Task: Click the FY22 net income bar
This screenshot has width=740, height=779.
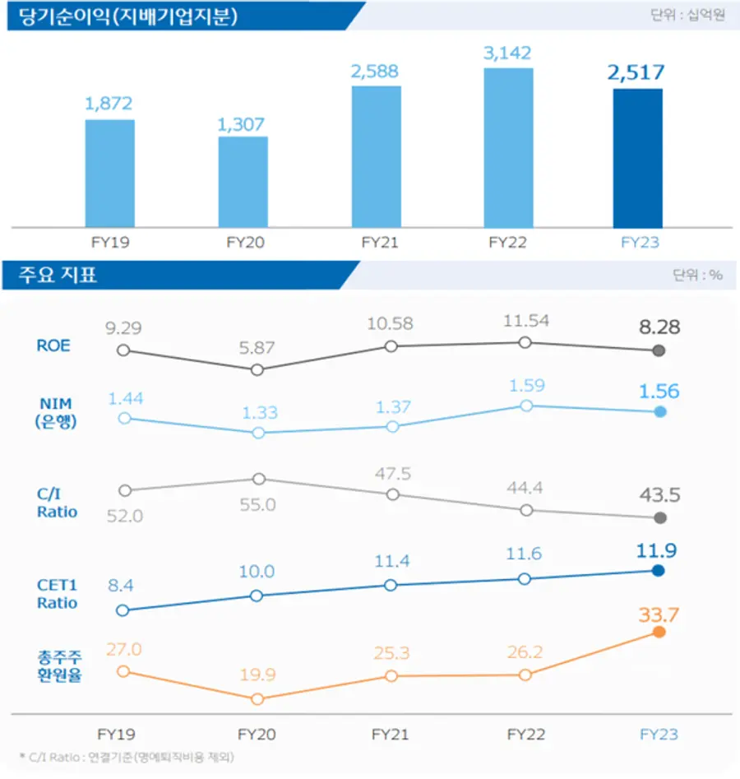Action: click(508, 148)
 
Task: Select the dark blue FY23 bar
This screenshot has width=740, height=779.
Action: click(637, 158)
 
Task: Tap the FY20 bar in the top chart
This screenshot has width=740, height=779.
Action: click(243, 182)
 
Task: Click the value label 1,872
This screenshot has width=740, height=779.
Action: click(109, 104)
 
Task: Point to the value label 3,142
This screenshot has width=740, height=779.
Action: click(508, 53)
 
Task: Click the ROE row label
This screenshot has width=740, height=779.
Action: click(53, 345)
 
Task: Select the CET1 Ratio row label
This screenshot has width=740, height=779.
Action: click(57, 594)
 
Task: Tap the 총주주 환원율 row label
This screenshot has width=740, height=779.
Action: click(59, 668)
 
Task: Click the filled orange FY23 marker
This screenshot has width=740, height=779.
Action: click(659, 632)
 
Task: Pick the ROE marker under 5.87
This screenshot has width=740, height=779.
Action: click(257, 370)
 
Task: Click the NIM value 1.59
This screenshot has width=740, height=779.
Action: click(526, 385)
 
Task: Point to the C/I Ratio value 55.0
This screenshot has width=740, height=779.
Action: click(258, 505)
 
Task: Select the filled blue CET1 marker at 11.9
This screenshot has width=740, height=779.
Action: click(659, 571)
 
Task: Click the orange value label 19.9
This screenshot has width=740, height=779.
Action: click(258, 675)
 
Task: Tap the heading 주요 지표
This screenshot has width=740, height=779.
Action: click(58, 275)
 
